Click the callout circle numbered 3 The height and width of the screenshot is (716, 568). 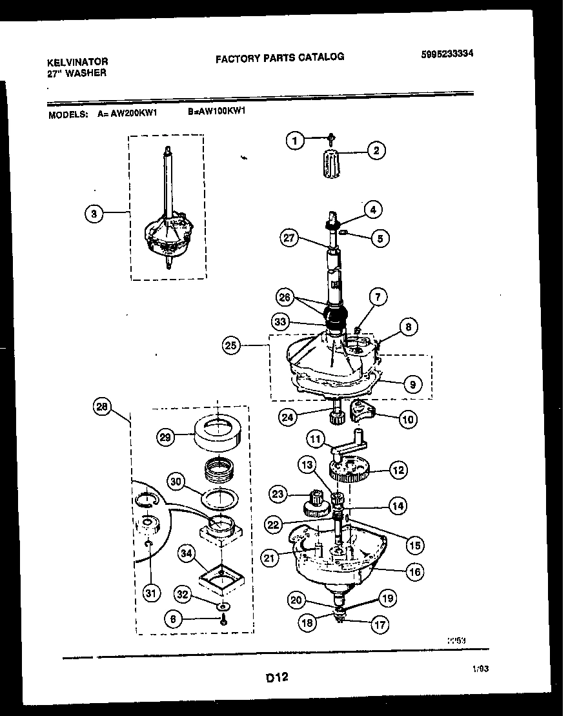pos(94,214)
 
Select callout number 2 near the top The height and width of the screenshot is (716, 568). pos(376,151)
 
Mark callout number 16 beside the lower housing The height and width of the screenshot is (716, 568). pos(414,571)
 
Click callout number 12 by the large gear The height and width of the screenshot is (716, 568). pos(398,470)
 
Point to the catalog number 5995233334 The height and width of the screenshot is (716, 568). pos(447,54)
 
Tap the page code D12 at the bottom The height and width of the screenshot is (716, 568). pos(276,678)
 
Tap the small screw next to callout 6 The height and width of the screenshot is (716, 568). pos(223,619)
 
